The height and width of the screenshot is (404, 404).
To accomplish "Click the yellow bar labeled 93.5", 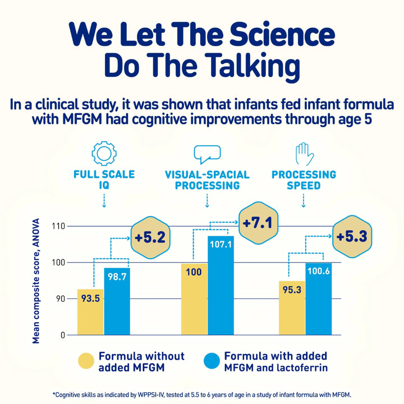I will coord(90,312).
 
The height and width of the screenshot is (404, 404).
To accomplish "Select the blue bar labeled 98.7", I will coord(117,301).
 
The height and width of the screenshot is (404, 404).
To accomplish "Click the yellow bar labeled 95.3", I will coord(292,307).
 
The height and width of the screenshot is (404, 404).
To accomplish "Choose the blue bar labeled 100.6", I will coord(318,299).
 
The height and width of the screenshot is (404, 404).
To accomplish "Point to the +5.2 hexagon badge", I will coord(150,237).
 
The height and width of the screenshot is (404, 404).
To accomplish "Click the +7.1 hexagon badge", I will coord(257,223).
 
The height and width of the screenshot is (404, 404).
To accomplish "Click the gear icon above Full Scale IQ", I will coord(103,153).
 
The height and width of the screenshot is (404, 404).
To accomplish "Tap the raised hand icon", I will coord(303,153).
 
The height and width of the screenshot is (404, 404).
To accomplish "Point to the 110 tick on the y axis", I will coord(58,226).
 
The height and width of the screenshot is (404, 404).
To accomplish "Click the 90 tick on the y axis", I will coord(60,299).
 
